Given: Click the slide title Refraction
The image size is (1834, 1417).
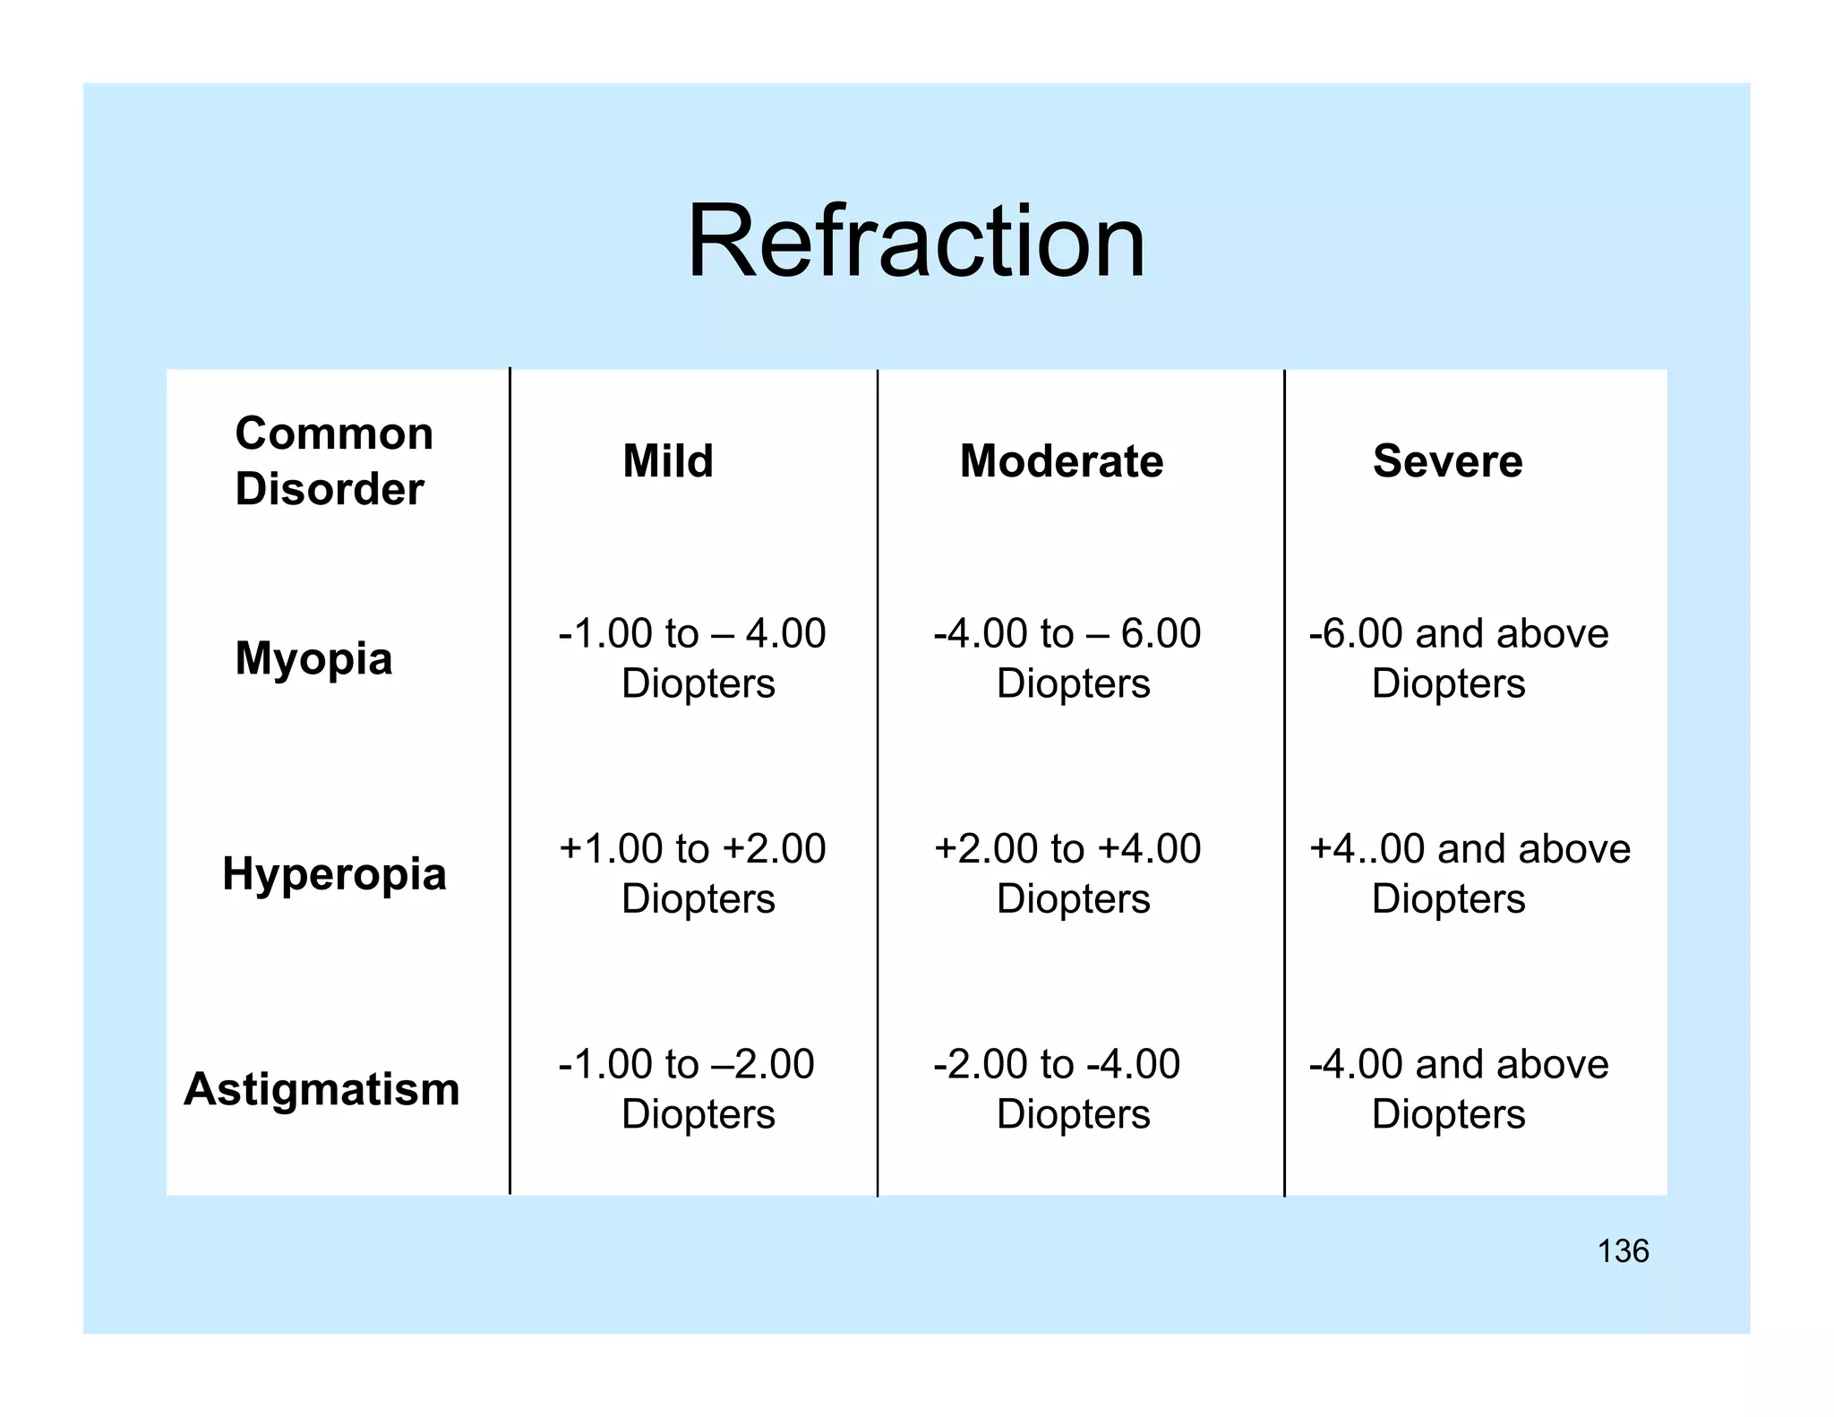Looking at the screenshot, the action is click(x=915, y=242).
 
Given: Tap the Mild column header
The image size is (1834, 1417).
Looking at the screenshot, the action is click(x=668, y=461).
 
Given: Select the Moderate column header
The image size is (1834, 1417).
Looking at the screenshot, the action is click(x=1061, y=461).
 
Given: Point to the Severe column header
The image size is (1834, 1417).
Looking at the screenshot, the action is click(x=1447, y=461).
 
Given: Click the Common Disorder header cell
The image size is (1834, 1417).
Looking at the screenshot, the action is click(x=333, y=461).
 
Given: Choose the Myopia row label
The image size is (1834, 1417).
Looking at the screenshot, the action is click(x=313, y=658).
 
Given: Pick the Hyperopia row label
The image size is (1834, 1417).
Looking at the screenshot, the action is click(x=334, y=873).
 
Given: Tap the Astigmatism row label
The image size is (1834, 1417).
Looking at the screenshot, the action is click(x=321, y=1089).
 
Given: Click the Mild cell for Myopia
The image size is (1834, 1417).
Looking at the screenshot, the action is click(x=692, y=658).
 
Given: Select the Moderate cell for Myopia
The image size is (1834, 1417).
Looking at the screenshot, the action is click(x=1067, y=658).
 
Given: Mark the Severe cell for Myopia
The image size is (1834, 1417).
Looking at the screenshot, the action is click(x=1458, y=658).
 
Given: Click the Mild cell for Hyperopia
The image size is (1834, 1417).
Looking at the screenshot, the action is click(x=692, y=873).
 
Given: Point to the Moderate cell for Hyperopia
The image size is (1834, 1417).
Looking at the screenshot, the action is click(x=1067, y=873).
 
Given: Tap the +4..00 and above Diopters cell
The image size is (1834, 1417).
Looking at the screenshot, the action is click(x=1469, y=873).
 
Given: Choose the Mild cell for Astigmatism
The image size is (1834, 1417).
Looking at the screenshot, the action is click(x=687, y=1089).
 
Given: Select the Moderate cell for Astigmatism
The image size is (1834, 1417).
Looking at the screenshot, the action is click(x=1058, y=1089).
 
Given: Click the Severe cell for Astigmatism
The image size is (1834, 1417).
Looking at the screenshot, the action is click(x=1458, y=1089).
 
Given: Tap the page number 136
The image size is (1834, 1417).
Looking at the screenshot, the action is click(x=1623, y=1251).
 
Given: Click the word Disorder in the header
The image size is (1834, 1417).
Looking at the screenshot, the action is click(x=330, y=490).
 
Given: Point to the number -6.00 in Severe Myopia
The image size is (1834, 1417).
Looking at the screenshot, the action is click(x=1356, y=634).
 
